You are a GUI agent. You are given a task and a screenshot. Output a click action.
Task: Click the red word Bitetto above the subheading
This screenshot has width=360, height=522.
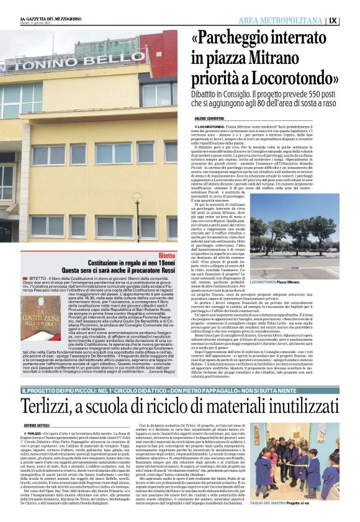pos(166,255)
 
